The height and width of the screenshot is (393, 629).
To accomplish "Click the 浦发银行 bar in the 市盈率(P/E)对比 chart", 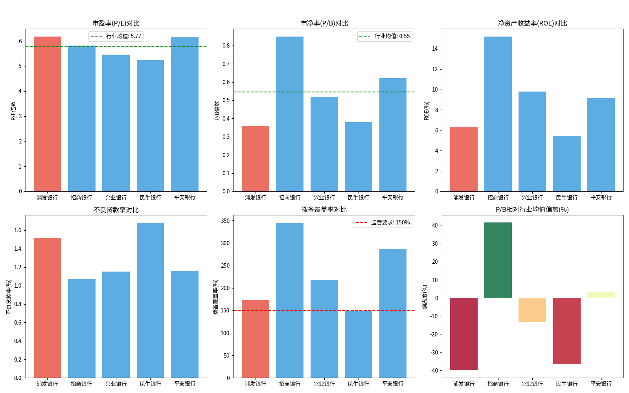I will coord(47,114).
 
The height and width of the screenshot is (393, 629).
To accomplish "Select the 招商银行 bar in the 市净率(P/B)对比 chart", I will coord(290,114).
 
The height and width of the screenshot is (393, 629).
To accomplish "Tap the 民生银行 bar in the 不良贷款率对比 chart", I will coord(150,300).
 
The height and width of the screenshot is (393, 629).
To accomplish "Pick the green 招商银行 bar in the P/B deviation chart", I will coord(498,260).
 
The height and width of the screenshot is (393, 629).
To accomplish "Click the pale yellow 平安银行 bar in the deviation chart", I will coord(601,295).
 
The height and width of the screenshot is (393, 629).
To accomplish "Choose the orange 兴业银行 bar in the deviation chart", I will coord(532,310).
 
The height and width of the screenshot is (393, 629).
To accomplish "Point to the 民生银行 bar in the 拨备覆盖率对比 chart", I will coord(359,344).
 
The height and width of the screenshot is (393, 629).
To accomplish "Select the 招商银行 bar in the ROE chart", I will coord(498,114).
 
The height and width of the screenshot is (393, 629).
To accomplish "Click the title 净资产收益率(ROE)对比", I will coord(532,23).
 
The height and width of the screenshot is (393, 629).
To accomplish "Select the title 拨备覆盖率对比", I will coord(324,209).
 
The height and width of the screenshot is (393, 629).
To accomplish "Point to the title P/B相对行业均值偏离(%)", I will coord(532,209).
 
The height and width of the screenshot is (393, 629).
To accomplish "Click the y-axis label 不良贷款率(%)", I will coord(9,297).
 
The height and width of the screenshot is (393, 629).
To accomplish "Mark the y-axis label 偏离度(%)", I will coord(425,297).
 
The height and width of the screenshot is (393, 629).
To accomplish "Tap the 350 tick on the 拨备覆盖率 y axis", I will coord(225,221).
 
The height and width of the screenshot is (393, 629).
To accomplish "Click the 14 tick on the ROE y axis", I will coord(435,49).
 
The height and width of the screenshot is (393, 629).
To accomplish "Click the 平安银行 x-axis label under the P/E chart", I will coord(185,197).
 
